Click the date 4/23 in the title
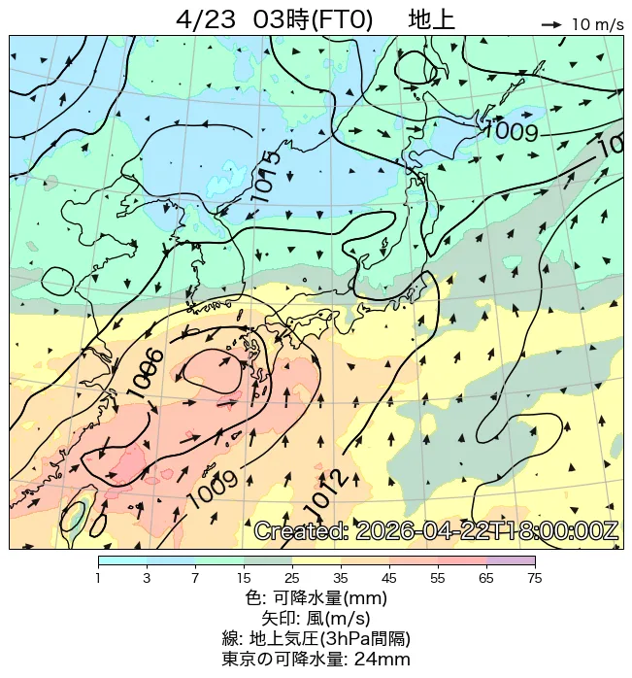pos(209,18)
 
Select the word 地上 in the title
pos(431,18)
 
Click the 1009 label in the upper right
pos(510,130)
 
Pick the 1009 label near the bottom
pos(212,488)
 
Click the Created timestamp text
pos(436,531)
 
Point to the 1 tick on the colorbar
pos(98,578)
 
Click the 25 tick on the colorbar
pos(292,578)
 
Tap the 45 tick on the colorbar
pos(389,578)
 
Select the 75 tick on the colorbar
pos(534,578)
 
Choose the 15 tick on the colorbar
pos(244,578)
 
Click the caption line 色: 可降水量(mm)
pos(316,598)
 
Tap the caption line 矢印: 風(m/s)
pos(316,619)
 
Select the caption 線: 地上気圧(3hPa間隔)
pos(316,639)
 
